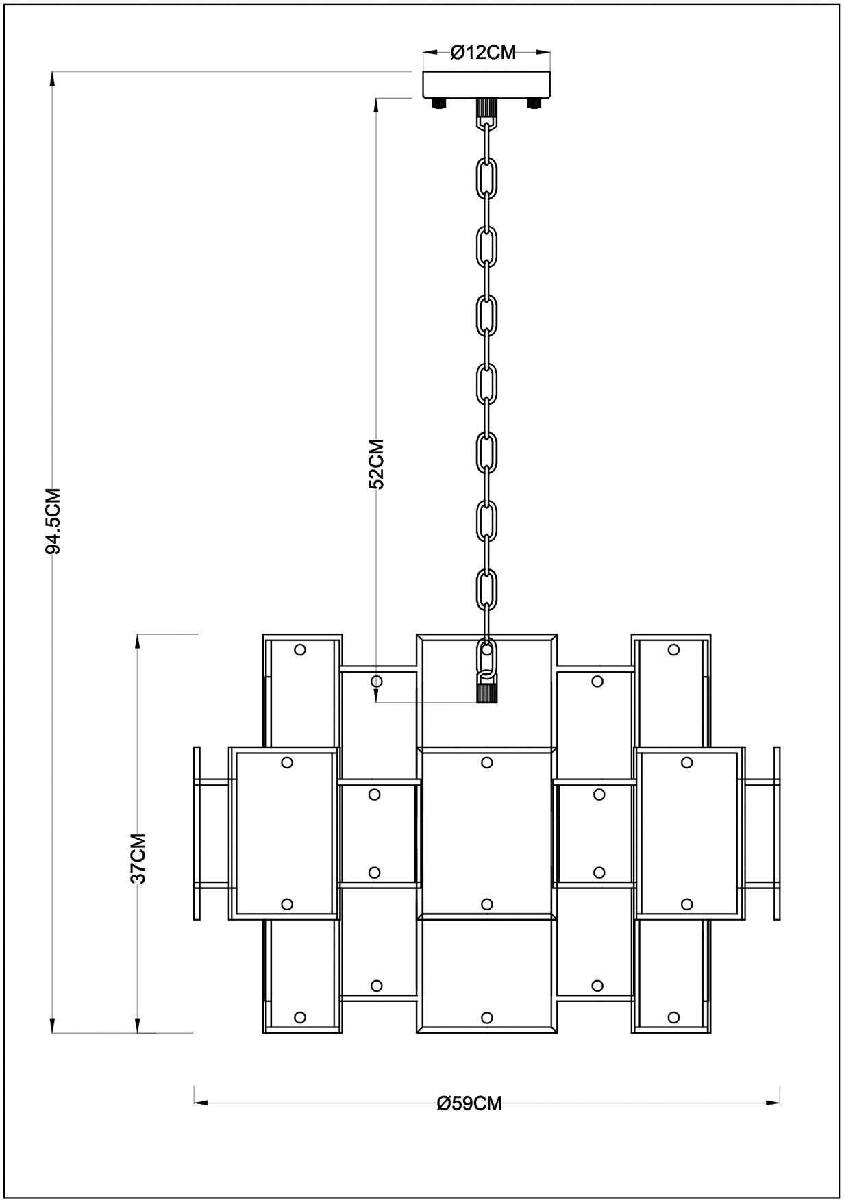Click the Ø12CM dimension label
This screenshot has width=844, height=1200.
click(x=483, y=53)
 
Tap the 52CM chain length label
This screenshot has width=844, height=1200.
click(x=376, y=463)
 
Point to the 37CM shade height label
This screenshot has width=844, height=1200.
click(x=138, y=858)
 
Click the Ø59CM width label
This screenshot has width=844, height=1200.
click(x=469, y=1103)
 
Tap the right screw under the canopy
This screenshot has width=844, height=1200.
click(x=534, y=103)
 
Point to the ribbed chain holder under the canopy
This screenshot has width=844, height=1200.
click(x=486, y=108)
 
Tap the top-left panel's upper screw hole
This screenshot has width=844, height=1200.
click(x=299, y=649)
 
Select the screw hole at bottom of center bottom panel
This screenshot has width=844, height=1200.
click(x=487, y=1017)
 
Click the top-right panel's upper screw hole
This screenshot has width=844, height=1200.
click(x=673, y=649)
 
